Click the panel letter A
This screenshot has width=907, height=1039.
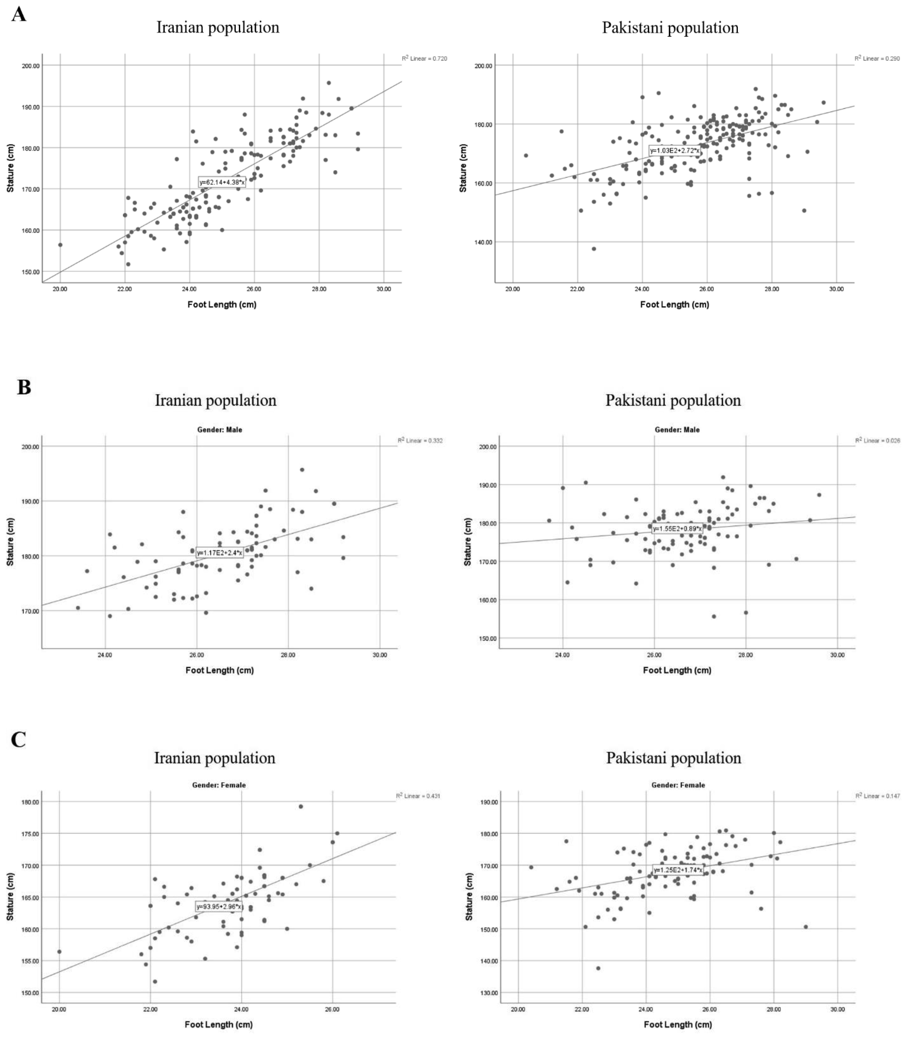coord(19,14)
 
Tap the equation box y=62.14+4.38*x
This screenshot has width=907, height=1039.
coord(222,182)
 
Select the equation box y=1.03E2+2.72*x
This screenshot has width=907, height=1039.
coord(675,150)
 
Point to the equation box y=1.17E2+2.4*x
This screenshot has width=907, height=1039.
coord(219,553)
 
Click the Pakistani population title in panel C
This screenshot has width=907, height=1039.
coord(674,758)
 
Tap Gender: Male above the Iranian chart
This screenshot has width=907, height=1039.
coord(220,430)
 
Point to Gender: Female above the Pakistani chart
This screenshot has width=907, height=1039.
coord(678,785)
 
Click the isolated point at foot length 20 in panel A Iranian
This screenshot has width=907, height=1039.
coord(60,245)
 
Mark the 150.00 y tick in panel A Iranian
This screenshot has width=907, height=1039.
coord(30,272)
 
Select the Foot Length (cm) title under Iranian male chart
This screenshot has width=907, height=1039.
coord(219,670)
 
